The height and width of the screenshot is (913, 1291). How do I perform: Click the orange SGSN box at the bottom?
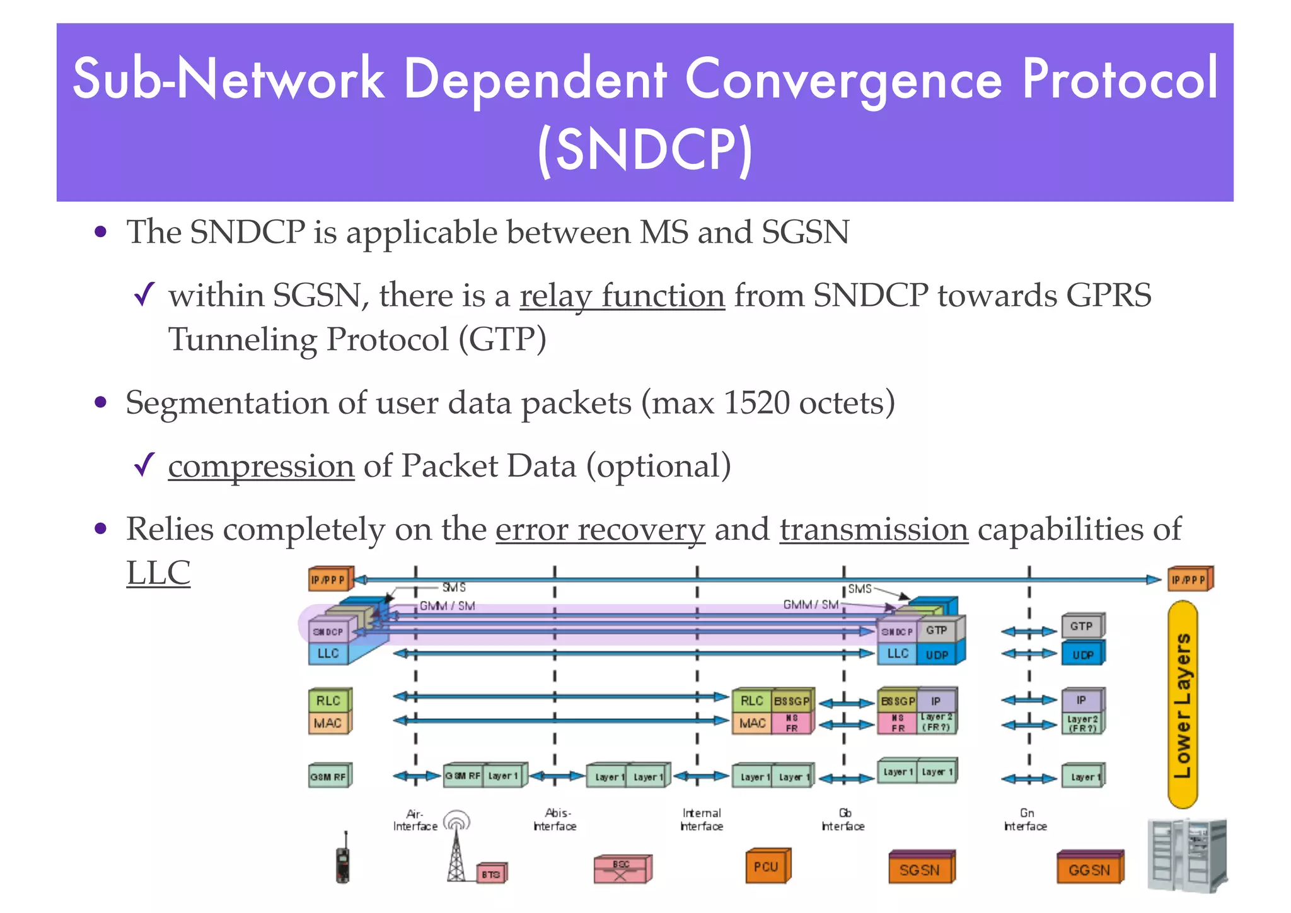tap(920, 869)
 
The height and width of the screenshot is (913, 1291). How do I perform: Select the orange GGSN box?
tap(1089, 869)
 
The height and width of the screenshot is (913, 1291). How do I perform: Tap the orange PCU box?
tap(767, 866)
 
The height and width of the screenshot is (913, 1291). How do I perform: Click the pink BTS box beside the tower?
tap(491, 874)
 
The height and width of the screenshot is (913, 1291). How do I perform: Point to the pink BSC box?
tap(622, 869)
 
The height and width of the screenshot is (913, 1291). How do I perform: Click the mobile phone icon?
tap(342, 859)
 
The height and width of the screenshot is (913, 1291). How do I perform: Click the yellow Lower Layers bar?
tap(1183, 704)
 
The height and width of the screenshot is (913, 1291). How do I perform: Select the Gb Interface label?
tap(843, 820)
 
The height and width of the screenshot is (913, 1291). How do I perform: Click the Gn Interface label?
tap(1026, 820)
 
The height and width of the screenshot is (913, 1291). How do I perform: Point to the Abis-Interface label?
tap(555, 820)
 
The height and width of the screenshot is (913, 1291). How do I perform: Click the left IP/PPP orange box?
tap(328, 579)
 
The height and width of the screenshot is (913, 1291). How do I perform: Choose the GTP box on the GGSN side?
tap(1081, 626)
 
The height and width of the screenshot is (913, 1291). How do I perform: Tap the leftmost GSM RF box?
tap(328, 776)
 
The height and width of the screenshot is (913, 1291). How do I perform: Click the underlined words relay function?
tap(622, 296)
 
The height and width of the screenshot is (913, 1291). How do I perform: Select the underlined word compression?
tap(261, 467)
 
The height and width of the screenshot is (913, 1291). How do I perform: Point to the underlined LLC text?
tap(158, 573)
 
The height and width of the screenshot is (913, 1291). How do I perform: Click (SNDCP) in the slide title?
tap(645, 149)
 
